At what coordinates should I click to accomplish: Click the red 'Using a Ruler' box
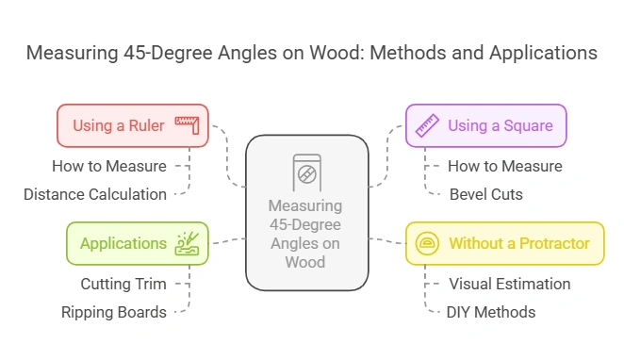pyautogui.click(x=132, y=125)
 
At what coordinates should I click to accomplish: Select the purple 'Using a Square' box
pyautogui.click(x=485, y=125)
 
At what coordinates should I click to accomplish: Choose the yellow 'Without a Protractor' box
pyautogui.click(x=504, y=243)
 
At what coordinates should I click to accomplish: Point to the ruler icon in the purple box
pyautogui.click(x=429, y=125)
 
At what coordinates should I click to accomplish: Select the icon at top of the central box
pyautogui.click(x=306, y=173)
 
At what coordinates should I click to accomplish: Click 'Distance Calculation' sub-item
pyautogui.click(x=95, y=194)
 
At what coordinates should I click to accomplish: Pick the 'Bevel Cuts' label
pyautogui.click(x=486, y=194)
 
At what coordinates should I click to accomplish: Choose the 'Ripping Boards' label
pyautogui.click(x=114, y=312)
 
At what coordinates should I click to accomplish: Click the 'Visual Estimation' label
pyautogui.click(x=509, y=284)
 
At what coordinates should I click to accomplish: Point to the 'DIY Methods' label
pyautogui.click(x=490, y=312)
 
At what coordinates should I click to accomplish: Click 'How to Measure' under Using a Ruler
pyautogui.click(x=109, y=166)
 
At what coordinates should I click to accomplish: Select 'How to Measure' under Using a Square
pyautogui.click(x=504, y=166)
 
